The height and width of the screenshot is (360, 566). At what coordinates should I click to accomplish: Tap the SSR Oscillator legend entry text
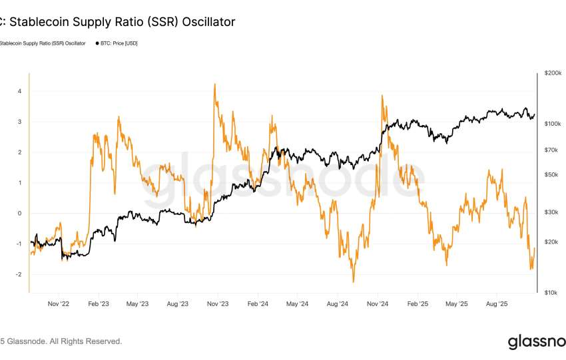tap(43, 43)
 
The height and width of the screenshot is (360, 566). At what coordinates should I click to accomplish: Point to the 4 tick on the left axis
tap(20, 91)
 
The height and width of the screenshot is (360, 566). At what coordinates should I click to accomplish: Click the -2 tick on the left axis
tap(19, 274)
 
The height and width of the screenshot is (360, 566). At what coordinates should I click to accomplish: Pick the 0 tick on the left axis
tap(20, 214)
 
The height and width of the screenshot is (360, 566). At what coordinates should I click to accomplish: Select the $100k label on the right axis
tap(551, 124)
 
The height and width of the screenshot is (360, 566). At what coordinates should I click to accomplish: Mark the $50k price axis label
tap(553, 175)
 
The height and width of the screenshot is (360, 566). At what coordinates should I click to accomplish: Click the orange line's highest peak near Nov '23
tap(214, 85)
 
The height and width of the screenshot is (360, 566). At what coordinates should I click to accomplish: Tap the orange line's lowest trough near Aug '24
tap(354, 281)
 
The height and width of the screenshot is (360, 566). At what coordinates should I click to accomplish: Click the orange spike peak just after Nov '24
tap(382, 96)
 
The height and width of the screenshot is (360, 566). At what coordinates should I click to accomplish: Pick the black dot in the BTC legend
tap(98, 43)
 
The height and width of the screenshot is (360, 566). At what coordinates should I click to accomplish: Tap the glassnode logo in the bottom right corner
tap(536, 342)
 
